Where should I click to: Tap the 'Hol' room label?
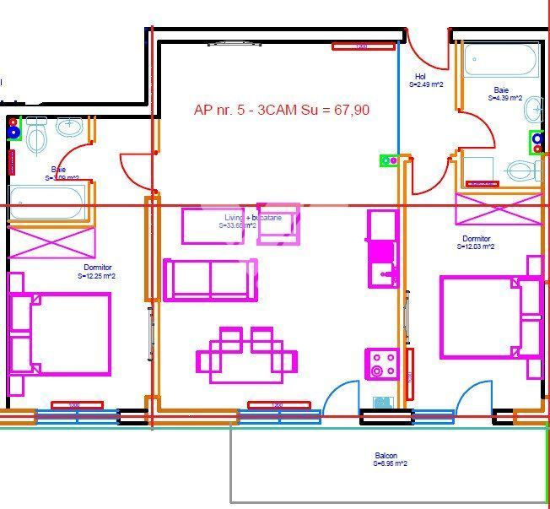420,77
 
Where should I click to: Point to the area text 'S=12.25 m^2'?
97,276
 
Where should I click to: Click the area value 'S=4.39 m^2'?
504,98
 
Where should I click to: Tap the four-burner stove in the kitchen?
381,364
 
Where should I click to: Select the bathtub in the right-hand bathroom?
501,60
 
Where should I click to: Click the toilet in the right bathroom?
523,171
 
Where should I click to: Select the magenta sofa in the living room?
211,279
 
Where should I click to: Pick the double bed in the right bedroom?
489,317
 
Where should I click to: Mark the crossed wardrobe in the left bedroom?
51,242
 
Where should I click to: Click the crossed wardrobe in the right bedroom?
498,209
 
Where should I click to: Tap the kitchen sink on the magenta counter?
382,269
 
